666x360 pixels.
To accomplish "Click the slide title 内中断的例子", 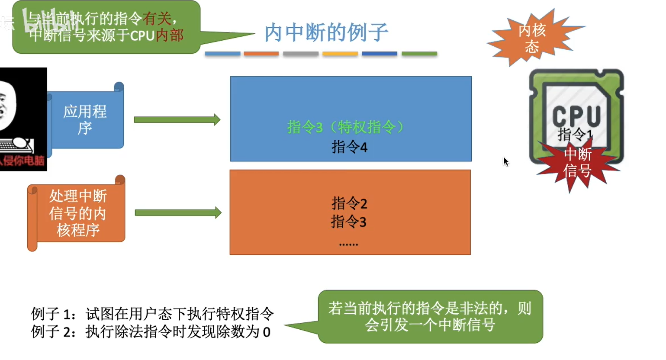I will point(326,32).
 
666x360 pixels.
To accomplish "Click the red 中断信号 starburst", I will point(577,163).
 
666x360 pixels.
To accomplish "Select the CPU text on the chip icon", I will point(576,116).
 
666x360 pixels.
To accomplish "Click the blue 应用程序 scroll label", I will point(85,119).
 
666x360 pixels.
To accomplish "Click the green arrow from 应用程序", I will point(177,119).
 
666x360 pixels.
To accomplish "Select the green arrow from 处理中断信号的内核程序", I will point(178,212).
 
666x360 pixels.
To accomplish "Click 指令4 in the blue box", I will point(349,147).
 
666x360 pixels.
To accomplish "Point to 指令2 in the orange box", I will point(349,203).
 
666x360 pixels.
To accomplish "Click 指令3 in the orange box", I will point(349,222).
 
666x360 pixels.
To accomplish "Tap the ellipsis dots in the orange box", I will point(348,244).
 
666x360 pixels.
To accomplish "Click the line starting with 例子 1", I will point(152,313).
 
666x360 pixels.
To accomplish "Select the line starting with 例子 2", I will point(151,332).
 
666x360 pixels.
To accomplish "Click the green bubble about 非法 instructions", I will point(430,317).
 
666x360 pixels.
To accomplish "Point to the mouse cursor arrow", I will point(505,161).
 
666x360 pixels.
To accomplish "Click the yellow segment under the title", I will point(340,54).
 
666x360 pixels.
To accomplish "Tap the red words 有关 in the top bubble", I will point(157,19).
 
